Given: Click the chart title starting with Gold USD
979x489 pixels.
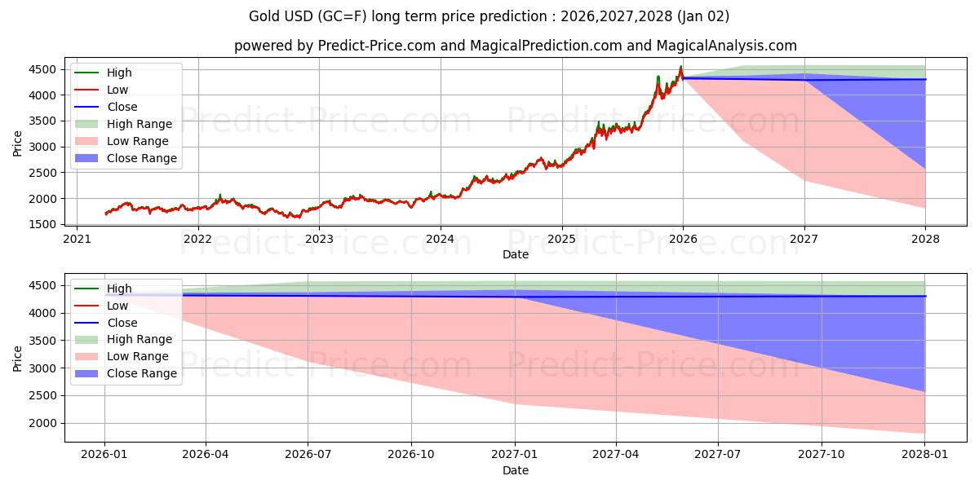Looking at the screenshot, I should pos(489,16).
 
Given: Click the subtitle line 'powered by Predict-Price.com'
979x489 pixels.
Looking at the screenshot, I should pos(516,46).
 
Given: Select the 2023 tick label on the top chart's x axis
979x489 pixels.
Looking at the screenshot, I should pos(319,240).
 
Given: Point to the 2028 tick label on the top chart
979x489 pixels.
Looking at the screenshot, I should pos(926,240).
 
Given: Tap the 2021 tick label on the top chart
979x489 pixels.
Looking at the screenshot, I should pos(77,240).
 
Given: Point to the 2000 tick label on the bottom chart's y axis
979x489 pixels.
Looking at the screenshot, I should pos(48,423).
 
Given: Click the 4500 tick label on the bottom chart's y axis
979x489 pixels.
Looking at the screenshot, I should pos(48,285).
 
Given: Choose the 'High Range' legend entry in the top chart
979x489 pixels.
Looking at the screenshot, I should pos(140,124).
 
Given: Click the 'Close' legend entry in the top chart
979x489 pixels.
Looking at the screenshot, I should pos(122,107).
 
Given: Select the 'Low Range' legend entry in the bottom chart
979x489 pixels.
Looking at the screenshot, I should pos(138,356).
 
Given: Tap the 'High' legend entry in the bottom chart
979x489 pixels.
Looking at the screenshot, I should pos(119,289).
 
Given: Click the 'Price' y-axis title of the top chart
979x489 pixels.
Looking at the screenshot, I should pos(18,144).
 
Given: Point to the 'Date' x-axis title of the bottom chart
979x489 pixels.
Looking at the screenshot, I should pos(516,470).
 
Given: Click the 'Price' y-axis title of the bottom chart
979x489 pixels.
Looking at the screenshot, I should pos(18,358).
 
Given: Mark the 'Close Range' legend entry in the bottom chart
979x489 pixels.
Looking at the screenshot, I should pos(142,373).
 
